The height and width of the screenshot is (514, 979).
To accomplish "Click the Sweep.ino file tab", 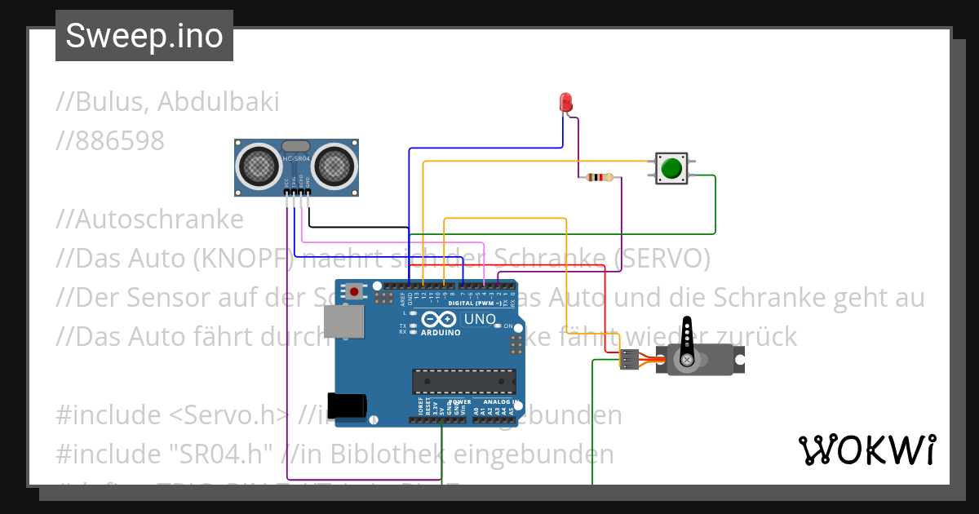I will pyautogui.click(x=144, y=36).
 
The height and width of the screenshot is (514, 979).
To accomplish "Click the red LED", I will pyautogui.click(x=566, y=102).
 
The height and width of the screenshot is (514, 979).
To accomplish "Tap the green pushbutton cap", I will pyautogui.click(x=671, y=168).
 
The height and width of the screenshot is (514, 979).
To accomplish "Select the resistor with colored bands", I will pyautogui.click(x=600, y=177).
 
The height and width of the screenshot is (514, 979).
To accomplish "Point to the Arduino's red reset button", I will pyautogui.click(x=354, y=290).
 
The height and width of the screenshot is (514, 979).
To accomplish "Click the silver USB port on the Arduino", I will pyautogui.click(x=343, y=321).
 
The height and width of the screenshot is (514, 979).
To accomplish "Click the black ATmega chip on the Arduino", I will pyautogui.click(x=463, y=381).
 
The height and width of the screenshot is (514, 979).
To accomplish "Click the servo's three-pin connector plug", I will pyautogui.click(x=629, y=359).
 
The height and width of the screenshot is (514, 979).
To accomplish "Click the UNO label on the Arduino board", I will pyautogui.click(x=480, y=319).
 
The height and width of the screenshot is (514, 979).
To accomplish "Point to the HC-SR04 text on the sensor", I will pyautogui.click(x=296, y=158).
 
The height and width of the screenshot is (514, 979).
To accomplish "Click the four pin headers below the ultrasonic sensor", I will pyautogui.click(x=298, y=193).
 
